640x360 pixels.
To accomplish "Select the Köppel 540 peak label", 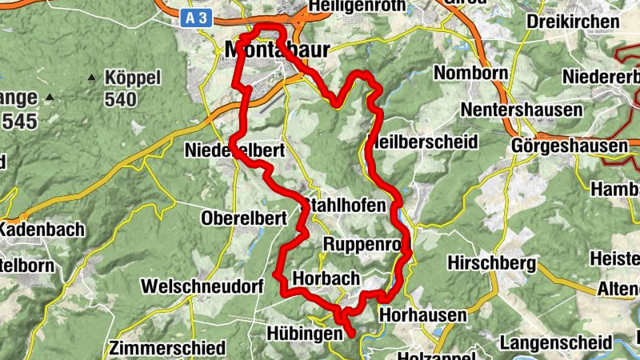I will pos(133,89).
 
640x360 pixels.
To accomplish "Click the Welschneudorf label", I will pos(202,286).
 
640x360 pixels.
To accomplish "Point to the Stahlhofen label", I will pos(342,206).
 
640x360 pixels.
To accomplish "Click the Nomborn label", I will pos(471,73).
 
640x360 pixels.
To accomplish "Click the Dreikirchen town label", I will pos(573,22).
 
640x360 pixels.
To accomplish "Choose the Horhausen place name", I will pos(422,315).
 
